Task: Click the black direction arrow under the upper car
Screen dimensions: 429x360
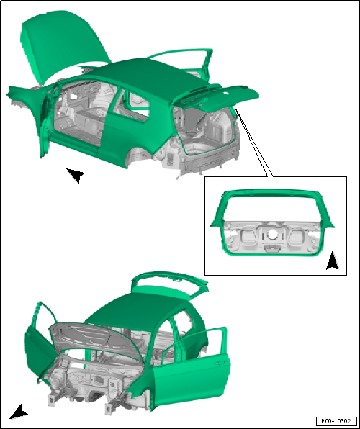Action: pos(75,175)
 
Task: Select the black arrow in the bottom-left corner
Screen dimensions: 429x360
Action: pos(18,412)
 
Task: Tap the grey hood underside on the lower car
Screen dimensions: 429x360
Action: pos(94,339)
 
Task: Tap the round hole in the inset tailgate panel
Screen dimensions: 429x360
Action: pos(273,235)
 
